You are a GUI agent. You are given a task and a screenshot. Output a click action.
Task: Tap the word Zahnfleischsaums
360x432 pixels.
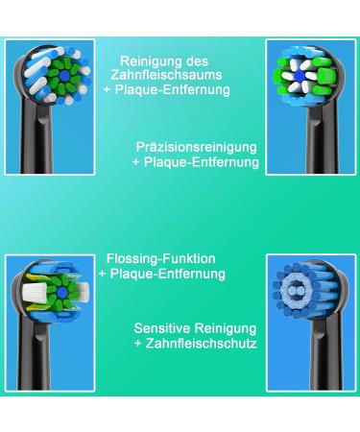pos(176,74)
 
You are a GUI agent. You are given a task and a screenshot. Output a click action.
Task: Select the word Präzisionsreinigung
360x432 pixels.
pos(197,147)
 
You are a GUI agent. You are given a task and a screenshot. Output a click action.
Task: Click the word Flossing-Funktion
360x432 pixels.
pos(160,258)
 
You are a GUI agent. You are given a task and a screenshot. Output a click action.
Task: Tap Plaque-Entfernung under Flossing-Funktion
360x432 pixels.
pos(169,274)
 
